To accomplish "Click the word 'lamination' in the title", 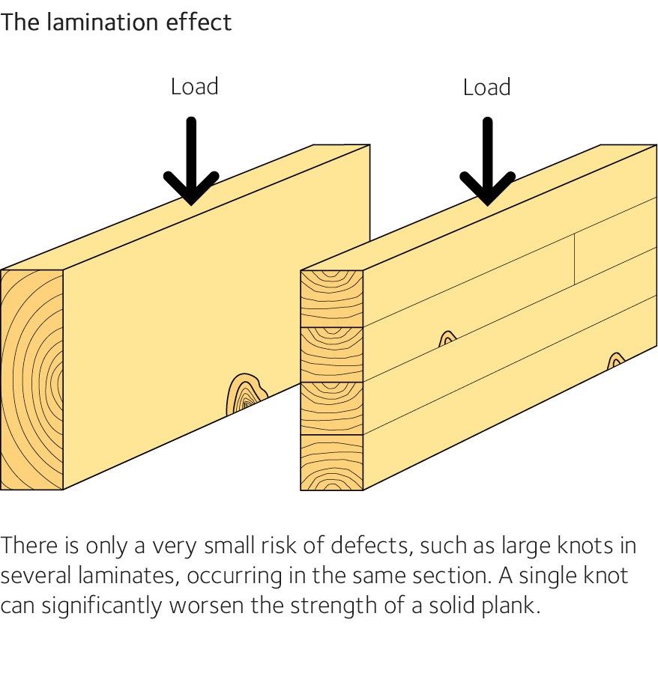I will (100, 22).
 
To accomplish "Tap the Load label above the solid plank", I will (194, 87).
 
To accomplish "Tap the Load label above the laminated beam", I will (486, 87).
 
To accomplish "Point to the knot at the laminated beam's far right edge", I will (615, 362).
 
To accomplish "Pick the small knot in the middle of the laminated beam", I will (447, 339).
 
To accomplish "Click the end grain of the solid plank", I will (31, 380).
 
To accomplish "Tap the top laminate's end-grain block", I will (331, 298).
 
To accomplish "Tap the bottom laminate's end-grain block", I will (331, 462).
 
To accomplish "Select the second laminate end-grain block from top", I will (331, 353).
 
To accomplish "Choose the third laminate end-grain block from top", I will (331, 407).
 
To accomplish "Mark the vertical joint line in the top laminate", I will (575, 259).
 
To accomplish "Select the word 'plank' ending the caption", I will (513, 605).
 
